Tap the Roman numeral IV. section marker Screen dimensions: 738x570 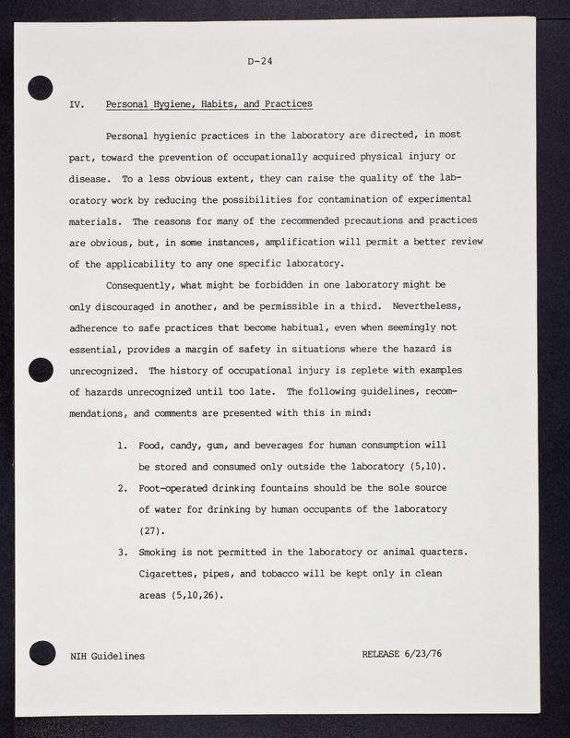(77, 104)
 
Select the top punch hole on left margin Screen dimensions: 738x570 (40, 89)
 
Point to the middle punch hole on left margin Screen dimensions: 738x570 (40, 371)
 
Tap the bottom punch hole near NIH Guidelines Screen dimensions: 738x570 (40, 652)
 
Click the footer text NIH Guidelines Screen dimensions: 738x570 (107, 657)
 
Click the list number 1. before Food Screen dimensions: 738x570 (123, 446)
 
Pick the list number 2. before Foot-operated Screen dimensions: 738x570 (123, 489)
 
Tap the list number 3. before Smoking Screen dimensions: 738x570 (123, 553)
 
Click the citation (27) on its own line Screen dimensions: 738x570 (150, 531)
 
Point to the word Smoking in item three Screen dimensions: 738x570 (163, 553)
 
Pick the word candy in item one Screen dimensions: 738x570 (186, 447)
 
